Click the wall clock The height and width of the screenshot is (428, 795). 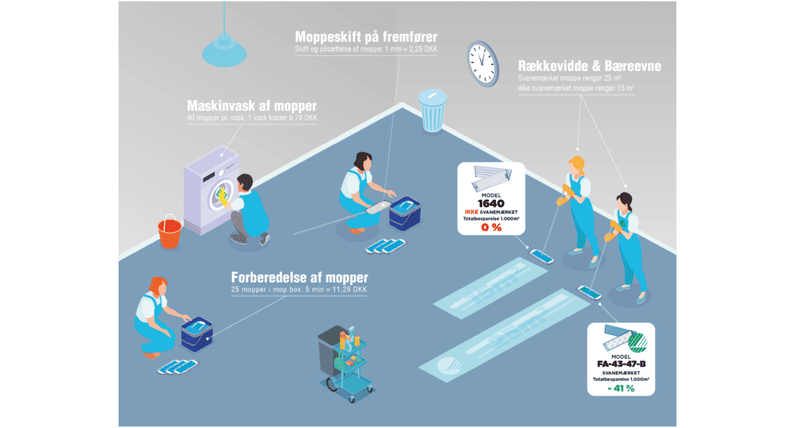[481, 62]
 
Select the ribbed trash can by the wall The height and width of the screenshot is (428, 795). [432, 111]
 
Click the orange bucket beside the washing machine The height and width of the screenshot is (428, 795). [169, 229]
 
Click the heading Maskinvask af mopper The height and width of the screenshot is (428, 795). [252, 106]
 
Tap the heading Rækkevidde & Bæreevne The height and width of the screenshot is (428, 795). [589, 66]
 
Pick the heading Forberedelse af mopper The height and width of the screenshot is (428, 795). [299, 277]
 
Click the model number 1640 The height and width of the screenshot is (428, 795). [491, 204]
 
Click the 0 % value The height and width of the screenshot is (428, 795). [491, 227]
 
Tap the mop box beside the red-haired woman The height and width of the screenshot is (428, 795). [196, 332]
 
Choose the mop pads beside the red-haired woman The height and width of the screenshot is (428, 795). [174, 366]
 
